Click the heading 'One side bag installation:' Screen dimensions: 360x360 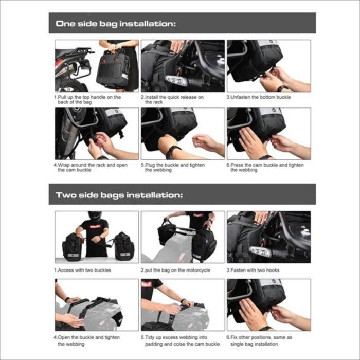[x=116, y=24]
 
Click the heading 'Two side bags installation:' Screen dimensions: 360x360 [x=119, y=195]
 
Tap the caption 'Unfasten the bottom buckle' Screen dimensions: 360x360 [x=259, y=97]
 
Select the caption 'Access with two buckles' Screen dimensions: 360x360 [x=83, y=270]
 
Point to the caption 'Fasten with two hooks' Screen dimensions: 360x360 [x=253, y=270]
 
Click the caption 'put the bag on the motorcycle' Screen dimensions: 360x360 [x=176, y=270]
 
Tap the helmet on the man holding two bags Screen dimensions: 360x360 [x=95, y=216]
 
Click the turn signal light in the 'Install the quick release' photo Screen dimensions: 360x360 [x=176, y=81]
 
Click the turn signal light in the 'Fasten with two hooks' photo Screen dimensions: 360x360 [x=261, y=252]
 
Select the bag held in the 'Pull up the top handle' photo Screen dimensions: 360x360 [x=113, y=69]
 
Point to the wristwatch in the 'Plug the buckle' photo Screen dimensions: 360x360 [x=173, y=151]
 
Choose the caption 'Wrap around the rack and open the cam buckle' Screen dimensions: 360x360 [x=91, y=167]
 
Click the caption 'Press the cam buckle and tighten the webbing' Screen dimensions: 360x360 [x=265, y=167]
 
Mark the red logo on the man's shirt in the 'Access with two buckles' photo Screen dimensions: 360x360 [x=95, y=227]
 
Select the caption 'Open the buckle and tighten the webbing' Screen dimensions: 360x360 [x=87, y=340]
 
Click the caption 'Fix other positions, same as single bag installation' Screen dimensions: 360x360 [x=259, y=340]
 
